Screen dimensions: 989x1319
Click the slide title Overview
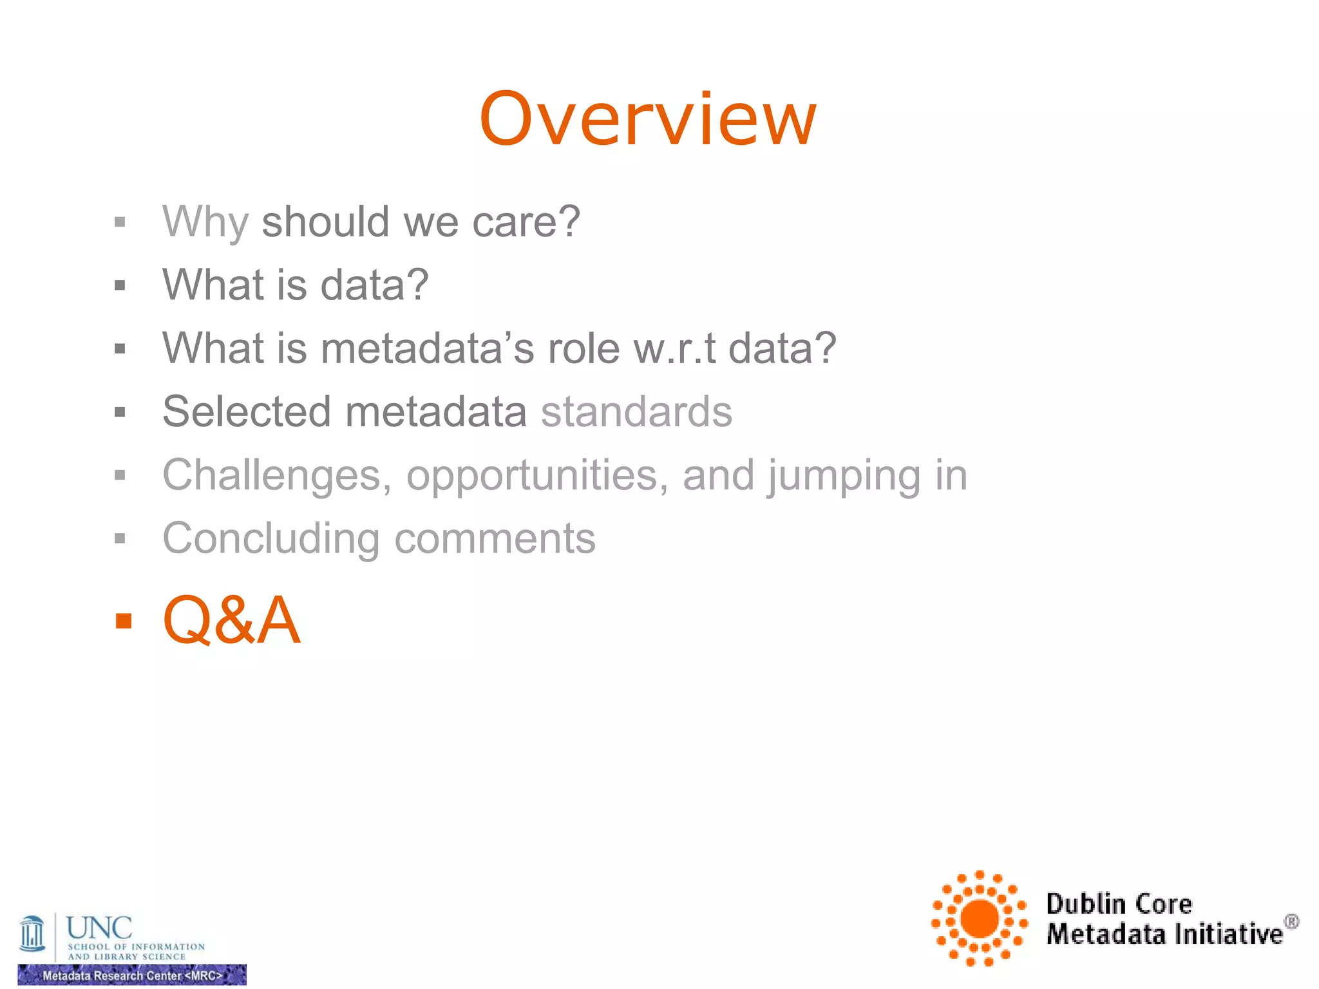pyautogui.click(x=648, y=120)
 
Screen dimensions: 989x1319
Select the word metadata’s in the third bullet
pyautogui.click(x=427, y=348)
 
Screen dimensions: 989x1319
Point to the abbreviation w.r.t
pyautogui.click(x=674, y=348)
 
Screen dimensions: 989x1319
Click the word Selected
pyautogui.click(x=247, y=411)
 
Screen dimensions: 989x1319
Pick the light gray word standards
pyautogui.click(x=636, y=411)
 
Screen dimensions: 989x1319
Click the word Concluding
pyautogui.click(x=271, y=539)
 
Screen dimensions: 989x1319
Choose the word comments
pyautogui.click(x=495, y=539)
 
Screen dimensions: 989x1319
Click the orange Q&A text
pyautogui.click(x=232, y=620)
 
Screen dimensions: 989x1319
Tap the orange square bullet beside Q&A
pyautogui.click(x=123, y=621)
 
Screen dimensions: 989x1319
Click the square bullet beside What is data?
pyautogui.click(x=120, y=285)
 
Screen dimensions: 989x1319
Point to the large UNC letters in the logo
pyautogui.click(x=99, y=928)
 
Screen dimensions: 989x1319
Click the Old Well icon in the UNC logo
pyautogui.click(x=32, y=933)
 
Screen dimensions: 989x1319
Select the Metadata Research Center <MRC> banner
pyautogui.click(x=132, y=975)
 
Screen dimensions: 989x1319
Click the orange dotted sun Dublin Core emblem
pyautogui.click(x=979, y=918)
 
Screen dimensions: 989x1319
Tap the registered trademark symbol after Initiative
pyautogui.click(x=1291, y=922)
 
